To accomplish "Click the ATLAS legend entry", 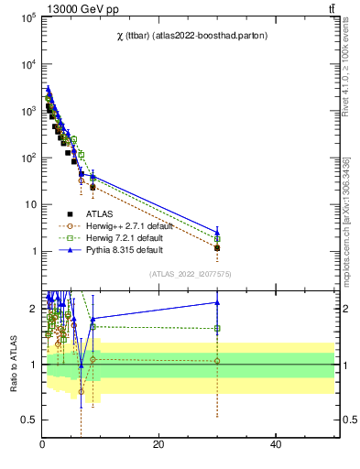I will (x=99, y=213).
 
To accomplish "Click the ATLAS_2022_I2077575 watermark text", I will (x=189, y=273).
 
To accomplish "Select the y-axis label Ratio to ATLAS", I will (x=13, y=364).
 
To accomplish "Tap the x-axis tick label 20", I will (x=158, y=444).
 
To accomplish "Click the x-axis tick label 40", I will (x=276, y=444).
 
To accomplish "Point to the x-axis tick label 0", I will (x=42, y=444).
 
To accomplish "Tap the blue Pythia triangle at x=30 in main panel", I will (x=217, y=232).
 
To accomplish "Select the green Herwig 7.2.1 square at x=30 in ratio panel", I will (x=217, y=328).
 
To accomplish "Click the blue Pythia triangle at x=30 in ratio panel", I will (x=217, y=302).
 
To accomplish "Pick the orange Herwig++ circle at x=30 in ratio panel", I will (x=217, y=361).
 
